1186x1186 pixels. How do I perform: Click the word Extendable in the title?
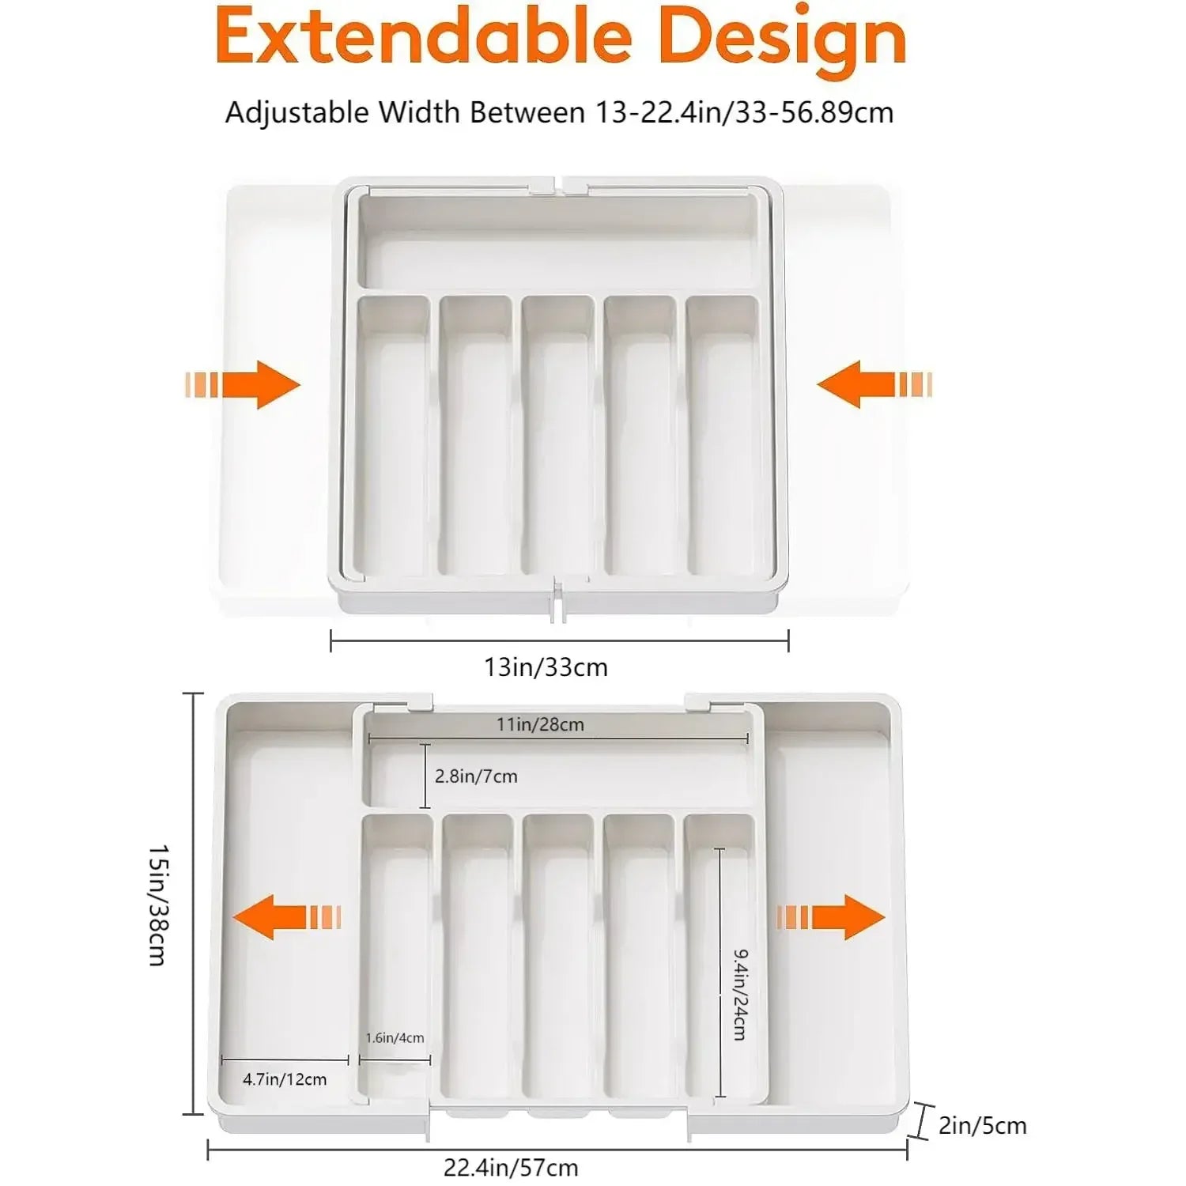pyautogui.click(x=423, y=38)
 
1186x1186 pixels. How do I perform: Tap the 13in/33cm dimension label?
pyautogui.click(x=546, y=667)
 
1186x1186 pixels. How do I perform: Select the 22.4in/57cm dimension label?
pyautogui.click(x=510, y=1167)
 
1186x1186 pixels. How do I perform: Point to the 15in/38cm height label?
pyautogui.click(x=158, y=905)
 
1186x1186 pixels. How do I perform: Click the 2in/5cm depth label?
pyautogui.click(x=982, y=1125)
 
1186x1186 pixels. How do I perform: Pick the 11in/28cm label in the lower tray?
pyautogui.click(x=540, y=724)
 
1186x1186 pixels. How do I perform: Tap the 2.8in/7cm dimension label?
pyautogui.click(x=476, y=776)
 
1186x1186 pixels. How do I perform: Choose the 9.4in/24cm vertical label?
pyautogui.click(x=739, y=995)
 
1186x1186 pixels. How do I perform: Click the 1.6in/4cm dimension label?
pyautogui.click(x=395, y=1038)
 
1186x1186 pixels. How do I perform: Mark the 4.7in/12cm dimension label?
pyautogui.click(x=284, y=1079)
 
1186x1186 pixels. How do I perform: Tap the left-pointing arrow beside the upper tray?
pyautogui.click(x=874, y=385)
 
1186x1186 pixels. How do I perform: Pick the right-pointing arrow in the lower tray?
pyautogui.click(x=831, y=917)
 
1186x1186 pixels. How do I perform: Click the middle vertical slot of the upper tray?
pyautogui.click(x=557, y=435)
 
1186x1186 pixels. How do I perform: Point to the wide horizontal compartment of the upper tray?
pyautogui.click(x=557, y=241)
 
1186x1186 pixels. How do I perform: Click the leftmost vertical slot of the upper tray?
pyautogui.click(x=393, y=435)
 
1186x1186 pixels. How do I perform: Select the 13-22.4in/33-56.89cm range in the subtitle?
pyautogui.click(x=744, y=112)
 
